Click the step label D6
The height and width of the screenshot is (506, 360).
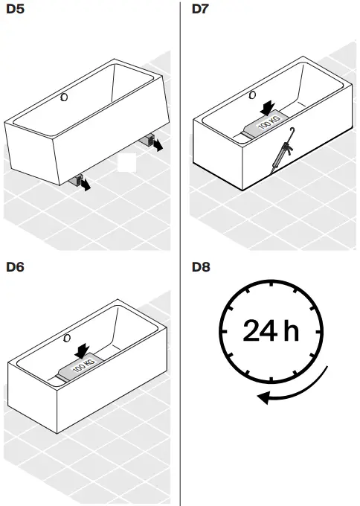click(x=14, y=266)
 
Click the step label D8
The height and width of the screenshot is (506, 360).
click(x=201, y=266)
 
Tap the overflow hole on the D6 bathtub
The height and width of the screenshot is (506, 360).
click(x=68, y=339)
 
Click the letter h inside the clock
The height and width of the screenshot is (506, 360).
click(x=290, y=330)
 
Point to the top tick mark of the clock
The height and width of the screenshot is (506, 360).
click(x=271, y=285)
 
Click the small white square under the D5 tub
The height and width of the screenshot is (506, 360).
click(x=126, y=162)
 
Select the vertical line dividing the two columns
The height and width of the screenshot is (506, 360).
click(x=181, y=253)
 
